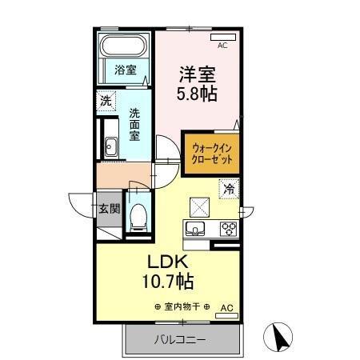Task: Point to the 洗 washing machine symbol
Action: coord(105,102)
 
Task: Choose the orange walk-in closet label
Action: coord(211,153)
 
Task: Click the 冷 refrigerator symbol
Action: coord(228,190)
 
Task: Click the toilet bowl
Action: coord(138,214)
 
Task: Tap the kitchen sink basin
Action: coord(194,229)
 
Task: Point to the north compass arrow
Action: coord(282,337)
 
